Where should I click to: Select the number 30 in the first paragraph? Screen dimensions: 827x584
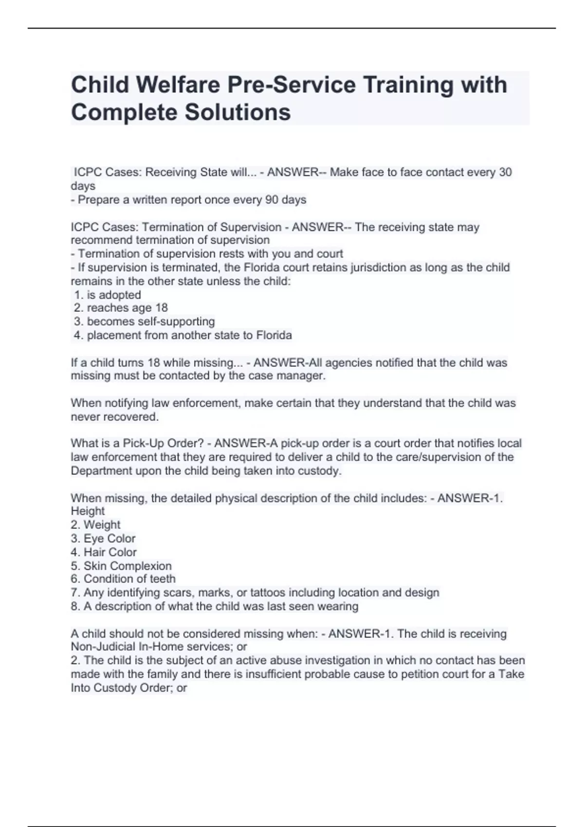[x=505, y=172]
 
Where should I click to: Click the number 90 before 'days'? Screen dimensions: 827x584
[x=272, y=199]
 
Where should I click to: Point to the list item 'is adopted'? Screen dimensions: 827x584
[x=114, y=295]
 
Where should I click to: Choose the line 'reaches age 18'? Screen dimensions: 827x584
[x=127, y=308]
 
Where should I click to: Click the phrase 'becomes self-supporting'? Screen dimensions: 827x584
[x=150, y=322]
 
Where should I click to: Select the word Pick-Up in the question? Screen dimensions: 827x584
[x=143, y=443]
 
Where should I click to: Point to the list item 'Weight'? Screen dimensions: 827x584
[x=102, y=525]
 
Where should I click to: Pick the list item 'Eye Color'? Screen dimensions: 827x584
[x=109, y=539]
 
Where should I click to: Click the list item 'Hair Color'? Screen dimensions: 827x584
[x=110, y=552]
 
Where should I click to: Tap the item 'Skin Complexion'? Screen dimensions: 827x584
[x=128, y=566]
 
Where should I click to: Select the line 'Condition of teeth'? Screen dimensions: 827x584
[x=129, y=579]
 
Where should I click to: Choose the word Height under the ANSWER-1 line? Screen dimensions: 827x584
[x=88, y=511]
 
